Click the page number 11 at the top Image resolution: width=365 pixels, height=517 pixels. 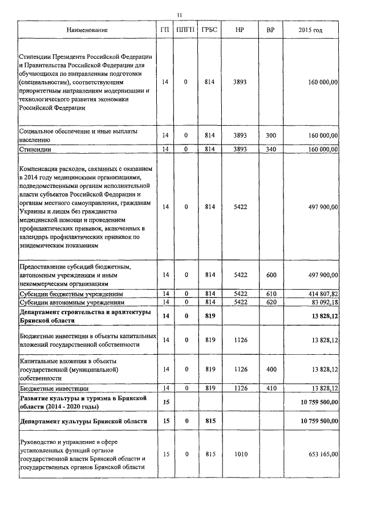[x=180, y=15]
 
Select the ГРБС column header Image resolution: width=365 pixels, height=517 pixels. [x=209, y=29]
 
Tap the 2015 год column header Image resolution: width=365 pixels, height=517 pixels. [x=311, y=29]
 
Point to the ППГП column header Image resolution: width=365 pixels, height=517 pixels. [x=185, y=29]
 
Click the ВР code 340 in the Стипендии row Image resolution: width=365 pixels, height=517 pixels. [x=271, y=149]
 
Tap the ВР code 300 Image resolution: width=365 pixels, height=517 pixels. [x=271, y=135]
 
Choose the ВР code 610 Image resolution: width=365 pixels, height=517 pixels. [x=271, y=294]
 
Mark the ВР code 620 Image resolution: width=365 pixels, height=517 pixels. [x=271, y=302]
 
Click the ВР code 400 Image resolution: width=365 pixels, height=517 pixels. [x=271, y=370]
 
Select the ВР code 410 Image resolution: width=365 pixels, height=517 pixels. [x=271, y=388]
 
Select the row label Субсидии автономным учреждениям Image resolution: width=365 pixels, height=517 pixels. [x=72, y=302]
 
